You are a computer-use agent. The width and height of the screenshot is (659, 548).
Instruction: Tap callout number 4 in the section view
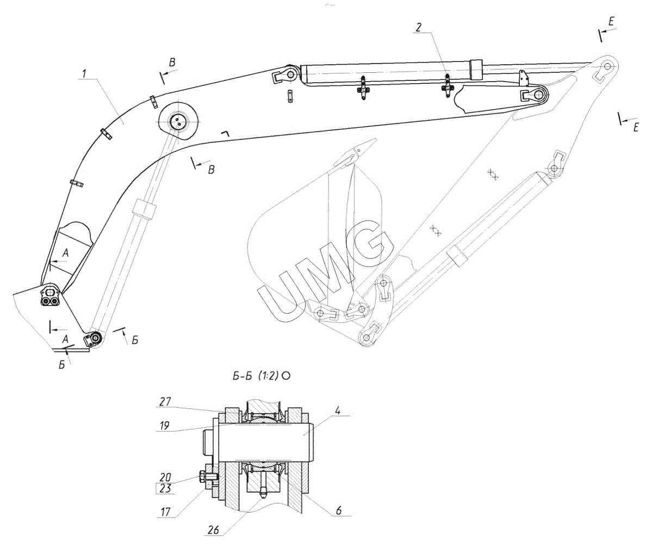337,410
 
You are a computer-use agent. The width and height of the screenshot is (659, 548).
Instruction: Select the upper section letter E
611,22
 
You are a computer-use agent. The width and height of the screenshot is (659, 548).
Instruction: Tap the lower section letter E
636,127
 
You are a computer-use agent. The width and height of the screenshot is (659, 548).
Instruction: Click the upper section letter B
172,63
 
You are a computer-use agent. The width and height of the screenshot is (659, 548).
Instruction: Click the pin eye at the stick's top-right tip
607,66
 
